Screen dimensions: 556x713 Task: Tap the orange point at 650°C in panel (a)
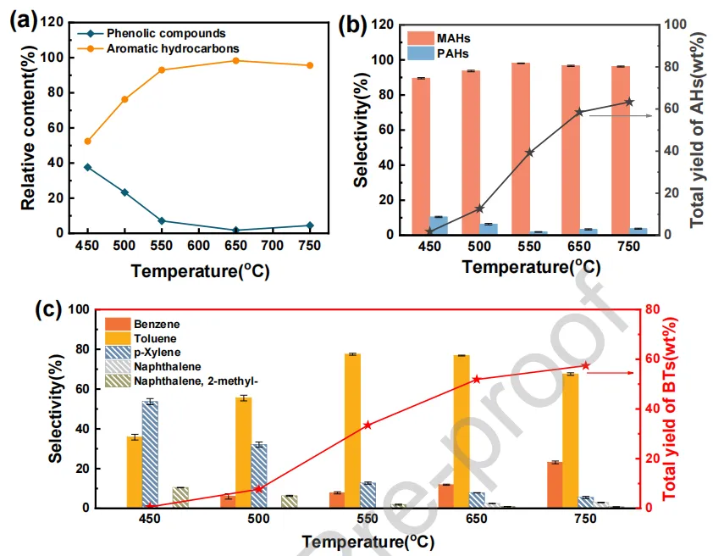[x=236, y=60]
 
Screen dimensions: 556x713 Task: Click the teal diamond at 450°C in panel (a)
[x=87, y=167]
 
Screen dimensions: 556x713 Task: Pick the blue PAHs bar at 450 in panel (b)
[x=439, y=225]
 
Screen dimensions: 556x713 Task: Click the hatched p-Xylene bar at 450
[x=150, y=454]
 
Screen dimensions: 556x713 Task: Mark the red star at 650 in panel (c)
[x=476, y=380]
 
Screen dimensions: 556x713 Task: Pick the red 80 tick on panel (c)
[x=651, y=310]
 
